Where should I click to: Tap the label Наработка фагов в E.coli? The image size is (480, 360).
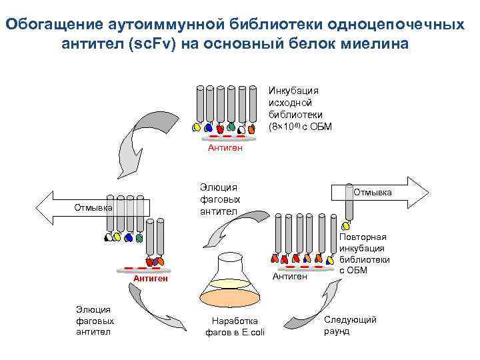[235, 327]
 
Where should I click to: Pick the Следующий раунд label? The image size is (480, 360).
[350, 325]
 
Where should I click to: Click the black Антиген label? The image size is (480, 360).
[289, 276]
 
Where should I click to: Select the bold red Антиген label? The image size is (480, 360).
[150, 278]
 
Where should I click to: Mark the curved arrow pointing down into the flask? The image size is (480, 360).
[227, 230]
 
